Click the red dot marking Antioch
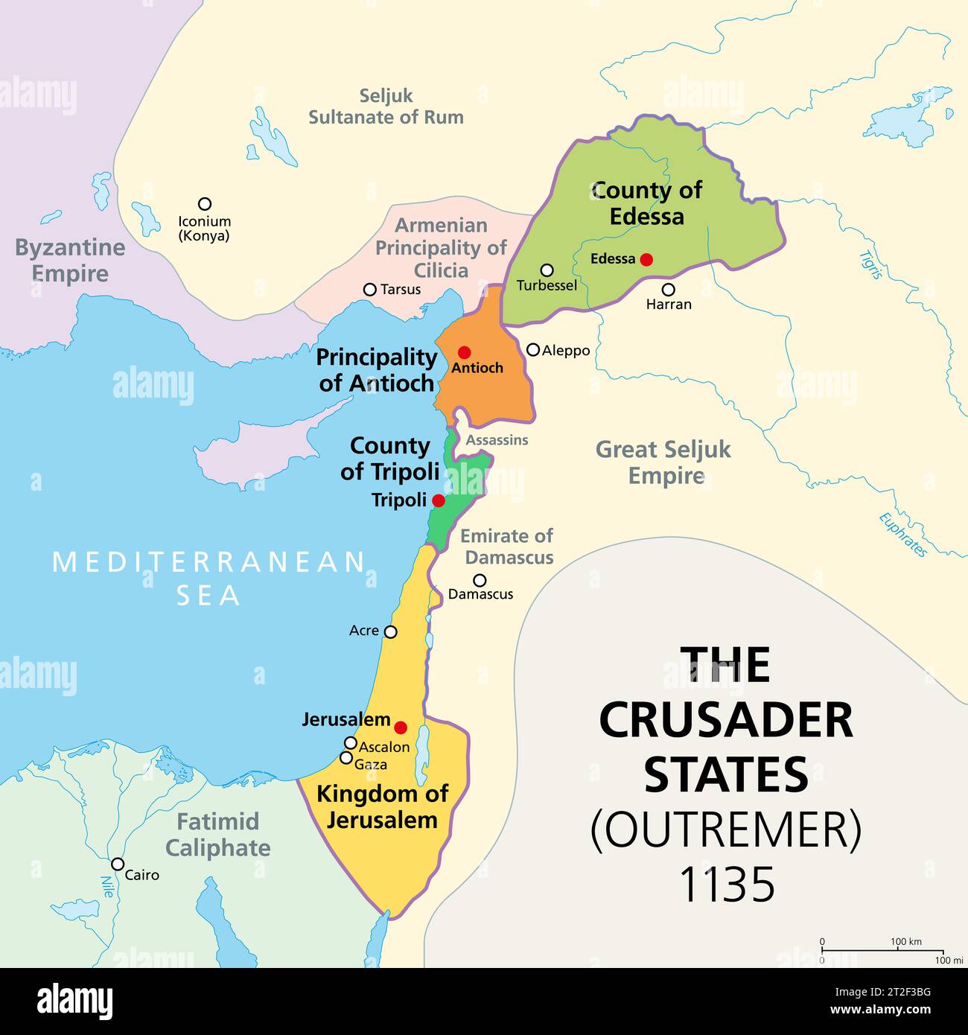(x=465, y=352)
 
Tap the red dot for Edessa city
(x=646, y=259)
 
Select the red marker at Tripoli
(x=439, y=500)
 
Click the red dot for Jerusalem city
(x=401, y=727)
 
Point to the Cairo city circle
(x=118, y=864)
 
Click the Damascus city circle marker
(x=480, y=580)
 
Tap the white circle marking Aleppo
(x=533, y=349)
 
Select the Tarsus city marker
(x=369, y=290)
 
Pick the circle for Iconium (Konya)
(x=204, y=203)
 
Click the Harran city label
(x=669, y=304)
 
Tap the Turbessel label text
(x=547, y=285)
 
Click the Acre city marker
(x=390, y=631)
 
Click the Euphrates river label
(x=903, y=535)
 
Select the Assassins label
(x=497, y=440)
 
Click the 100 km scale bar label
(x=905, y=941)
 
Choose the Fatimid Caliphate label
(x=217, y=835)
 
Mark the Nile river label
(x=106, y=886)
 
